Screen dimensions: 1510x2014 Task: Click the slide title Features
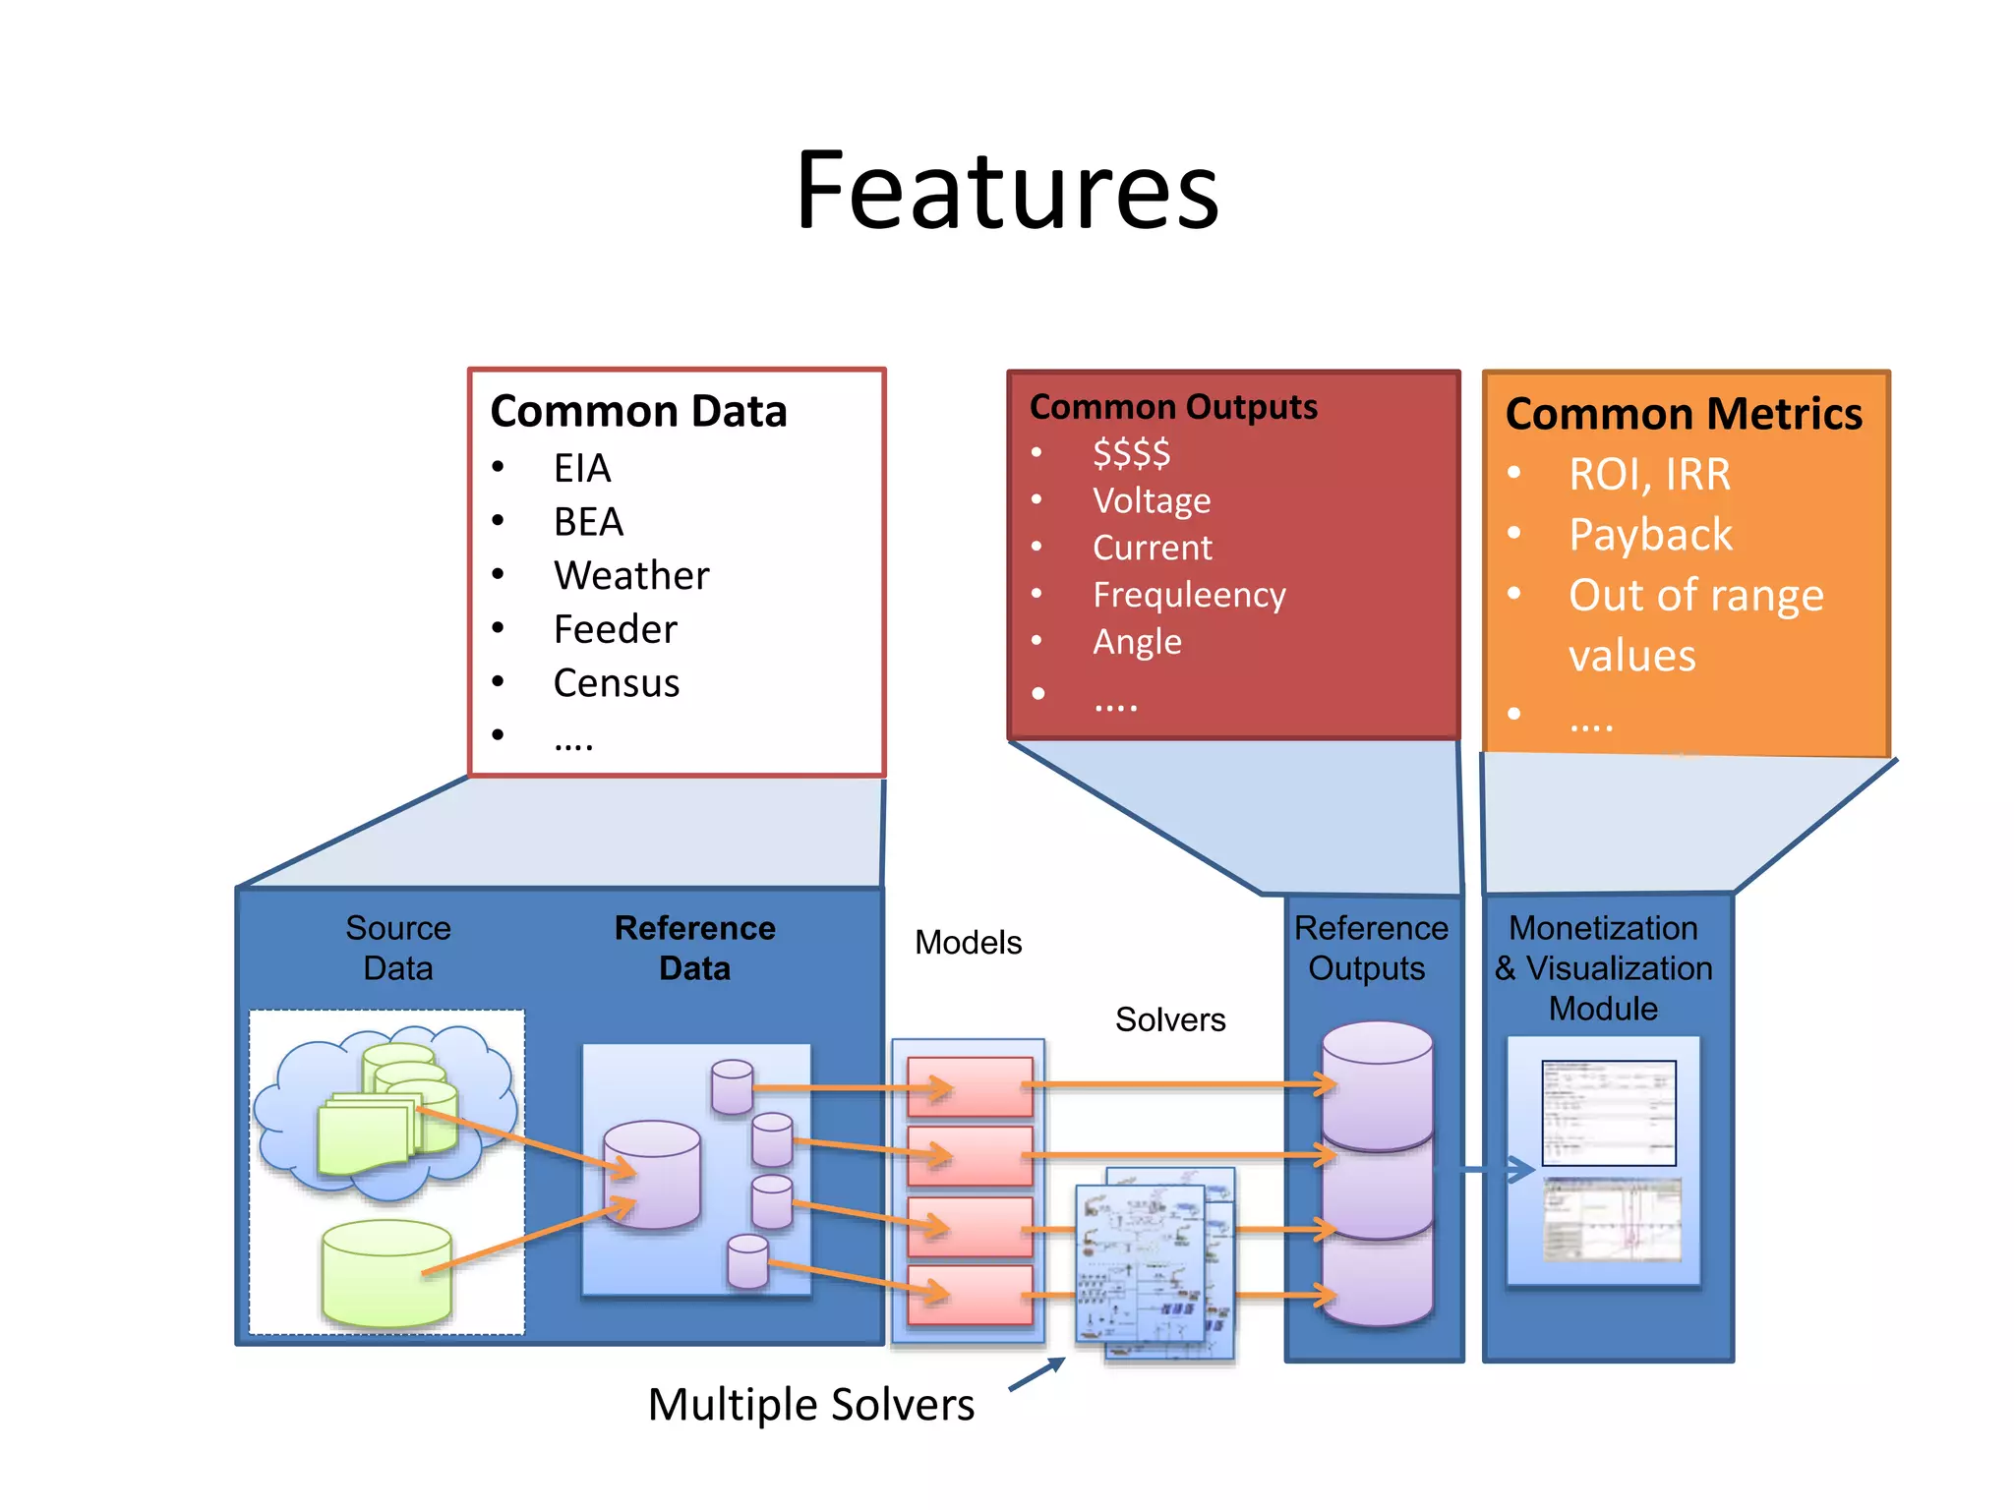pos(1007,192)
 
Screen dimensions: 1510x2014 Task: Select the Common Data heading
pos(638,411)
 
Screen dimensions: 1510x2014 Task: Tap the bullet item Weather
pos(630,575)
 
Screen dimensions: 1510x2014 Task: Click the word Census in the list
pos(616,683)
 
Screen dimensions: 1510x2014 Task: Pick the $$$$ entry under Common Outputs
pos(1131,453)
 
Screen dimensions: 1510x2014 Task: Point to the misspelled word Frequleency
pos(1188,595)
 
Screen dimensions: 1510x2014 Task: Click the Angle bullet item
pos(1137,642)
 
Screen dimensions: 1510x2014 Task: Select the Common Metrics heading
pos(1683,414)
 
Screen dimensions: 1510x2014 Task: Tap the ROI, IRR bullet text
pos(1649,475)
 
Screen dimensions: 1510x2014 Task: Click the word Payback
pos(1650,535)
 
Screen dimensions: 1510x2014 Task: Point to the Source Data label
pos(397,948)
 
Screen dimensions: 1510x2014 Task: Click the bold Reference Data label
pos(694,948)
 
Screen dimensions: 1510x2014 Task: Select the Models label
pos(968,943)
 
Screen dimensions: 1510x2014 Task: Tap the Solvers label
pos(1169,1019)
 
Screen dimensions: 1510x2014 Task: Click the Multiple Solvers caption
pos(810,1404)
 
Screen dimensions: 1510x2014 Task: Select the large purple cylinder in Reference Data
pos(652,1175)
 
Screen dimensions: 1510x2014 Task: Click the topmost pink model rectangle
pos(970,1086)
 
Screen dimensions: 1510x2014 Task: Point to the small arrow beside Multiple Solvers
pos(1037,1374)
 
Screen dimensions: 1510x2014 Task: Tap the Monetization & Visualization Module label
pos(1603,968)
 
